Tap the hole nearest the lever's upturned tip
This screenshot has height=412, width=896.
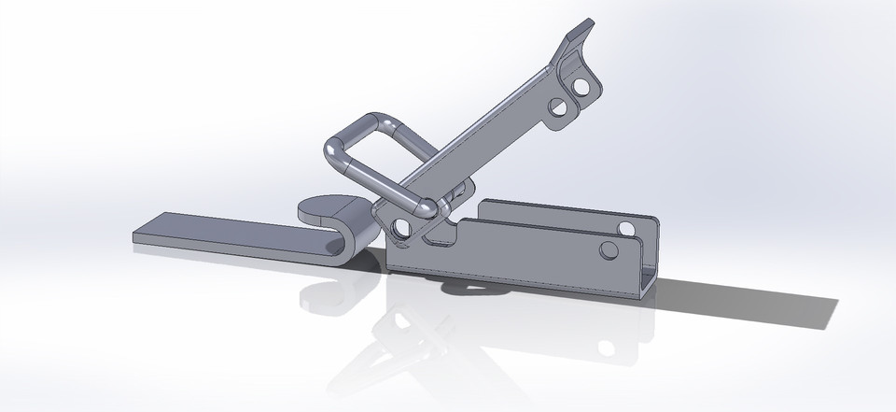click(x=585, y=87)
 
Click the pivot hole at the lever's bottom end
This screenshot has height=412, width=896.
click(x=401, y=227)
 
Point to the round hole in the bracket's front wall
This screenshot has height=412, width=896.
click(x=609, y=249)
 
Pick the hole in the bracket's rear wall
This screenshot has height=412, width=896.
click(x=626, y=227)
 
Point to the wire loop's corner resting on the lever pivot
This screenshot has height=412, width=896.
click(x=425, y=207)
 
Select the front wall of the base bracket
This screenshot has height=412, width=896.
click(x=523, y=252)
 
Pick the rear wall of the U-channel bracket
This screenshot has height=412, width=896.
click(x=560, y=210)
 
